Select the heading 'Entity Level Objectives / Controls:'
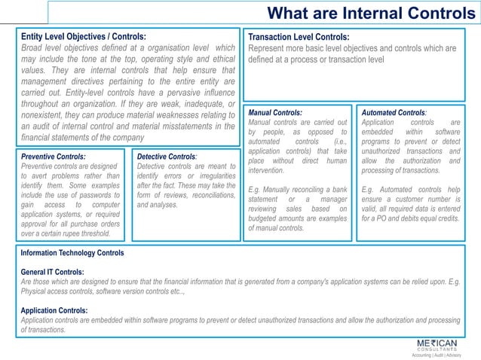84,36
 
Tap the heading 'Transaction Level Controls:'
299,37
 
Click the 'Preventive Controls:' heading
53,157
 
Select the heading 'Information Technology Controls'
72,253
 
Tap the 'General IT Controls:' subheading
52,272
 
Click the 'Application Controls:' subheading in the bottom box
54,310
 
